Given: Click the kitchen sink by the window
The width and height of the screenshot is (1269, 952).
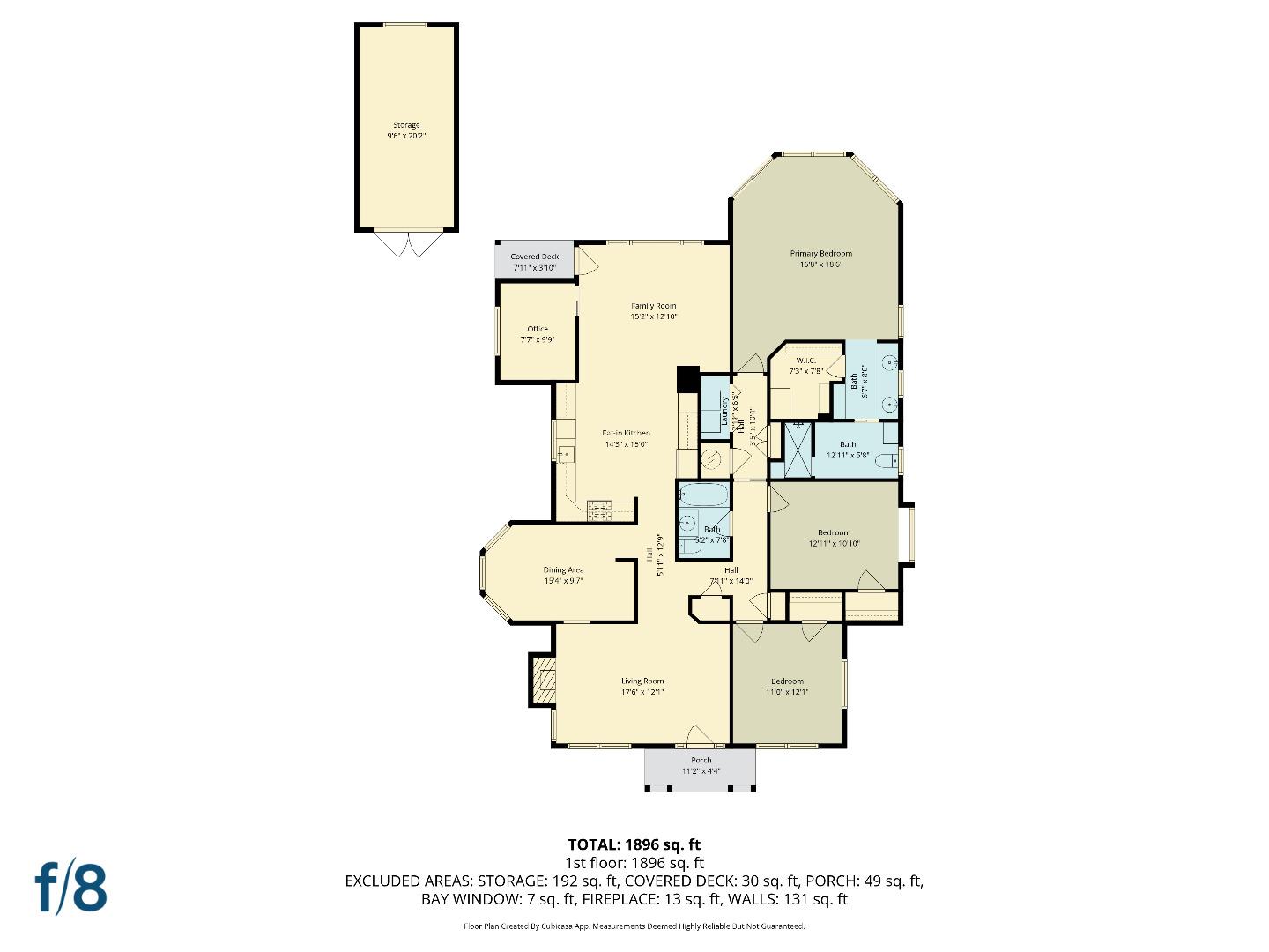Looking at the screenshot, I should pos(564,453).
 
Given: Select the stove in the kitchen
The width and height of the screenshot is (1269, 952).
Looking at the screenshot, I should pos(600,508).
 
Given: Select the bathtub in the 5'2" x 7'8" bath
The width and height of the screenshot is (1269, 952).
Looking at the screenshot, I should pos(703,494).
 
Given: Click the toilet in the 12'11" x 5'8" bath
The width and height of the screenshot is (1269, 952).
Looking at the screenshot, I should pos(889,459).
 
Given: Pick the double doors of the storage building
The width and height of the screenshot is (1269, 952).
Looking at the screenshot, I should pos(406,243).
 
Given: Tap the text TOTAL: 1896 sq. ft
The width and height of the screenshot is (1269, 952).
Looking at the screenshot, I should pos(634,844).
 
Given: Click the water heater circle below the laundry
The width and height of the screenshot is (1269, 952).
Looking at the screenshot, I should pos(712,459).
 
